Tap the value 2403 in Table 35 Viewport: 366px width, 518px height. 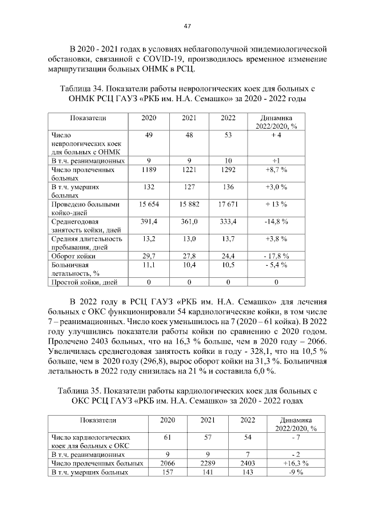coord(247,463)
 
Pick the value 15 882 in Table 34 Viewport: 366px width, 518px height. coord(189,204)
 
